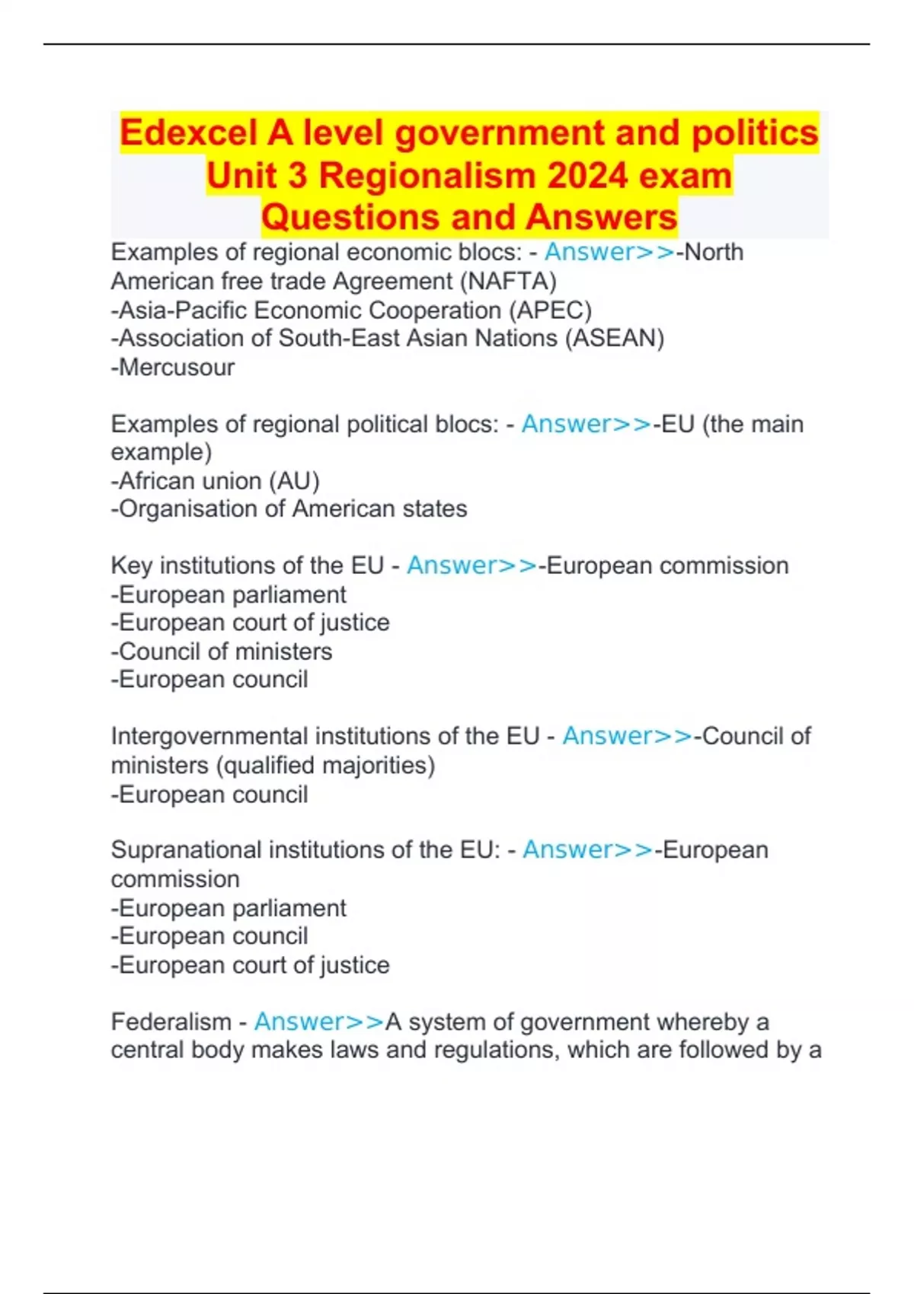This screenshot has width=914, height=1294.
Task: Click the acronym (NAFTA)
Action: point(508,281)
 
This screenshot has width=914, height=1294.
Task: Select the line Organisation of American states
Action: point(289,508)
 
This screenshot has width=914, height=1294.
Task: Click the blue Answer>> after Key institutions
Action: point(472,566)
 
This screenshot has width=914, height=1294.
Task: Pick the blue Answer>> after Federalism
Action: point(319,1021)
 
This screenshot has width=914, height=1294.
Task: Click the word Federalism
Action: point(171,1021)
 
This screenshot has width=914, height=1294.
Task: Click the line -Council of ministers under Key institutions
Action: point(222,652)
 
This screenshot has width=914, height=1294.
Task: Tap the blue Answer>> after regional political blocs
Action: point(586,424)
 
